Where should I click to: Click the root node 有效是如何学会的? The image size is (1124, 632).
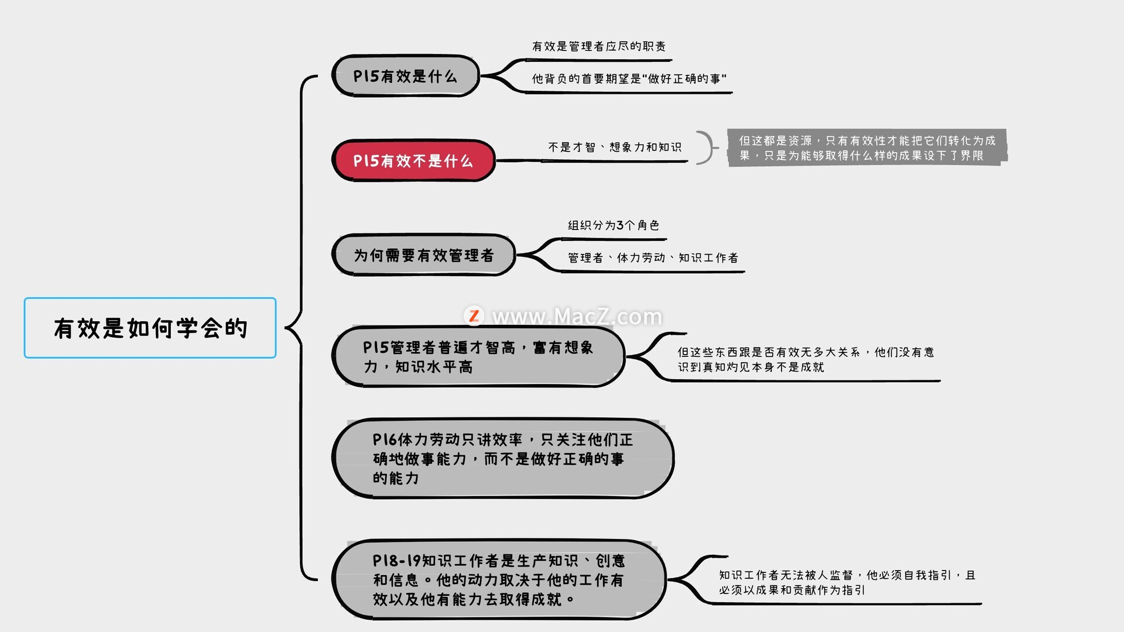point(150,328)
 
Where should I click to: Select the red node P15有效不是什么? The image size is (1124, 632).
point(413,161)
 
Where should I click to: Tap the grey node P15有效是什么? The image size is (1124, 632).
point(405,76)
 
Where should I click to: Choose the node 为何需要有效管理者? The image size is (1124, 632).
point(423,255)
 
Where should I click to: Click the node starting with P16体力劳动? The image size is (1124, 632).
point(503,459)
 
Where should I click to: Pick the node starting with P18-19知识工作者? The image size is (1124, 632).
point(499,579)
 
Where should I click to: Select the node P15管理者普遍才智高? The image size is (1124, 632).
point(478,357)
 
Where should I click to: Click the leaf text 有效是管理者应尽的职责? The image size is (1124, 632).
point(599,46)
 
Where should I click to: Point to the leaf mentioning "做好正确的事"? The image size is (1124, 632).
point(629,78)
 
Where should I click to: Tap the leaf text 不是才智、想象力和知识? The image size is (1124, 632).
point(615,147)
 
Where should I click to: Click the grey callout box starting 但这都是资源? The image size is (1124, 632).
point(867,147)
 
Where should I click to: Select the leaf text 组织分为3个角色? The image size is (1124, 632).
point(614,225)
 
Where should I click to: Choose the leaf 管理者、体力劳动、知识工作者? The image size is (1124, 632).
point(653,257)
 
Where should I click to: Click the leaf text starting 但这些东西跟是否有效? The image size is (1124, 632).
point(806,359)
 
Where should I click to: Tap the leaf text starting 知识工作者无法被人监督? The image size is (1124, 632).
point(847,582)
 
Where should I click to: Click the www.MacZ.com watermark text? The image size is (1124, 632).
point(577,317)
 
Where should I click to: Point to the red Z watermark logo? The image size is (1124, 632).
point(474,316)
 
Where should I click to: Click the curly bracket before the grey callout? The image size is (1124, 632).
point(707,147)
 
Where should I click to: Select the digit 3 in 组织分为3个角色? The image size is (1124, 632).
point(620,225)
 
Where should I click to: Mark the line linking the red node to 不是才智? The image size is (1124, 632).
point(591,160)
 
